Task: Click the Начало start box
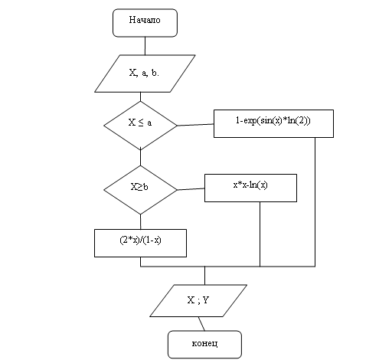145,23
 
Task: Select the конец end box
204,345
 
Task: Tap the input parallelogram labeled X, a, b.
145,74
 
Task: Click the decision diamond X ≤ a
140,126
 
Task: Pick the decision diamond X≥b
140,190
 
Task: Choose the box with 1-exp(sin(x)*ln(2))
273,123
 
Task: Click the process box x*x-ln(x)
250,188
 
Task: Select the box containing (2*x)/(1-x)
140,243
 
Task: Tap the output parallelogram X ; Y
198,301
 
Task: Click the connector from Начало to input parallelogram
145,46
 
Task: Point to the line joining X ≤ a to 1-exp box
195,125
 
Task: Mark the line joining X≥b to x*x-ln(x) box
191,189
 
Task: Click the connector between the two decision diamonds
140,158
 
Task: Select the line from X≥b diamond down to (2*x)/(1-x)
140,221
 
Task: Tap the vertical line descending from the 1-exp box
315,202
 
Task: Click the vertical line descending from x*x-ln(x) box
260,234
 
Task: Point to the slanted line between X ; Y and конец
201,324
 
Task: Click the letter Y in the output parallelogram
205,300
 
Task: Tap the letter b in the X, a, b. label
154,73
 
